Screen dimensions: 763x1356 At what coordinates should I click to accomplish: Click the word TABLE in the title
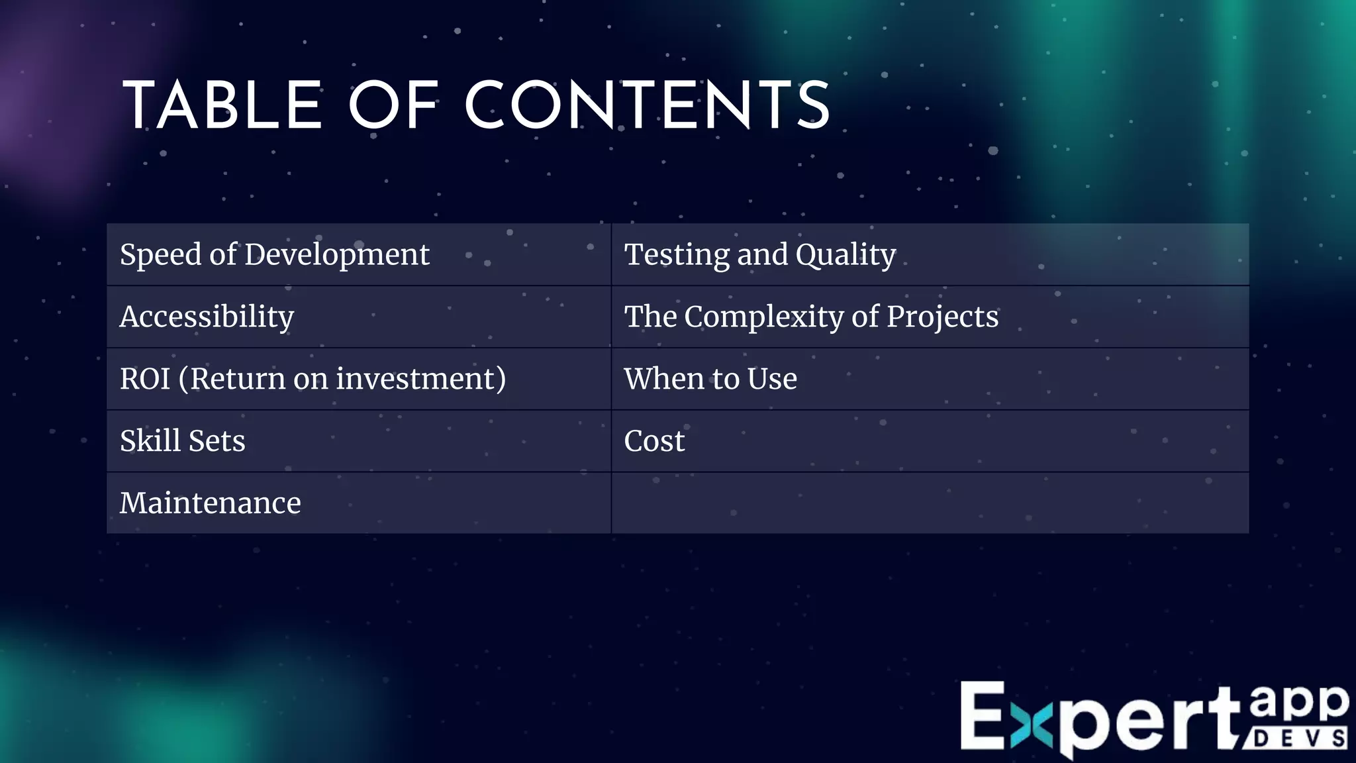click(x=222, y=106)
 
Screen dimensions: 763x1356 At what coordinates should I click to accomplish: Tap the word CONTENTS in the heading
click(x=648, y=106)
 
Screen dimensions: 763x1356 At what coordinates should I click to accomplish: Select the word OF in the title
click(x=394, y=106)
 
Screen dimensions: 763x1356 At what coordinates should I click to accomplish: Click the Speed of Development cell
click(x=274, y=255)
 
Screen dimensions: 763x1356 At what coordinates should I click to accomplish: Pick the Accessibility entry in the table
click(x=207, y=317)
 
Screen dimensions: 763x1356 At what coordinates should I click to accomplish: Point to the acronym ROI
click(x=145, y=379)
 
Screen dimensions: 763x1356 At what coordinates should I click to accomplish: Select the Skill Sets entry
click(x=182, y=441)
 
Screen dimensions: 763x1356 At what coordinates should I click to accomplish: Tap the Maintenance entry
click(x=210, y=503)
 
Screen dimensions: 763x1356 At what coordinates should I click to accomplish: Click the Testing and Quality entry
click(x=759, y=255)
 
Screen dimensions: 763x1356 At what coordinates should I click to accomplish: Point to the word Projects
click(x=942, y=317)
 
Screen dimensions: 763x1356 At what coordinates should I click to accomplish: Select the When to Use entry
click(x=710, y=379)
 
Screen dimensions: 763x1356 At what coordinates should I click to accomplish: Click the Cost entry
click(x=654, y=441)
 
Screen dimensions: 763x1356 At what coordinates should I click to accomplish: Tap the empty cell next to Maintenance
click(x=930, y=503)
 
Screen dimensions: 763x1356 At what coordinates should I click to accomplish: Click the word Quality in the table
click(x=846, y=255)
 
